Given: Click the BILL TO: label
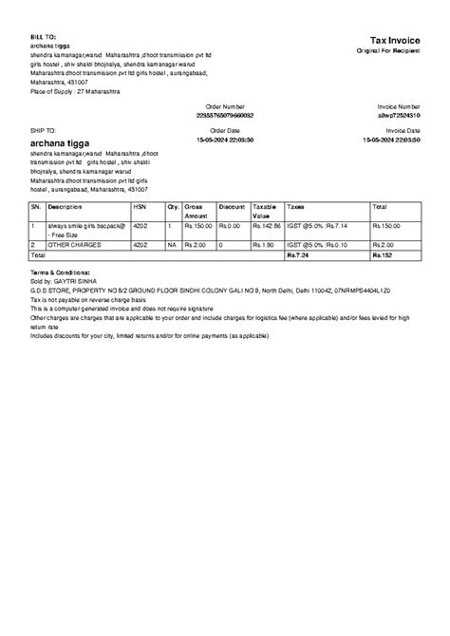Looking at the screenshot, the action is click(x=44, y=35).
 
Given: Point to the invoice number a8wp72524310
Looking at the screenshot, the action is click(x=398, y=114).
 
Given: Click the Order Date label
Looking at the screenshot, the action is click(x=225, y=130).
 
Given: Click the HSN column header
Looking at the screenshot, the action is click(x=140, y=205).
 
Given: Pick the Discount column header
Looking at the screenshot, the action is click(x=232, y=205).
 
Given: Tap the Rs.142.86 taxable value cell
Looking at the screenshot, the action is click(x=266, y=226).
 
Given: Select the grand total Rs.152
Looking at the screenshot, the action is click(x=382, y=255).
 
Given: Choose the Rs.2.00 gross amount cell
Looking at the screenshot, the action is click(x=196, y=245).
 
